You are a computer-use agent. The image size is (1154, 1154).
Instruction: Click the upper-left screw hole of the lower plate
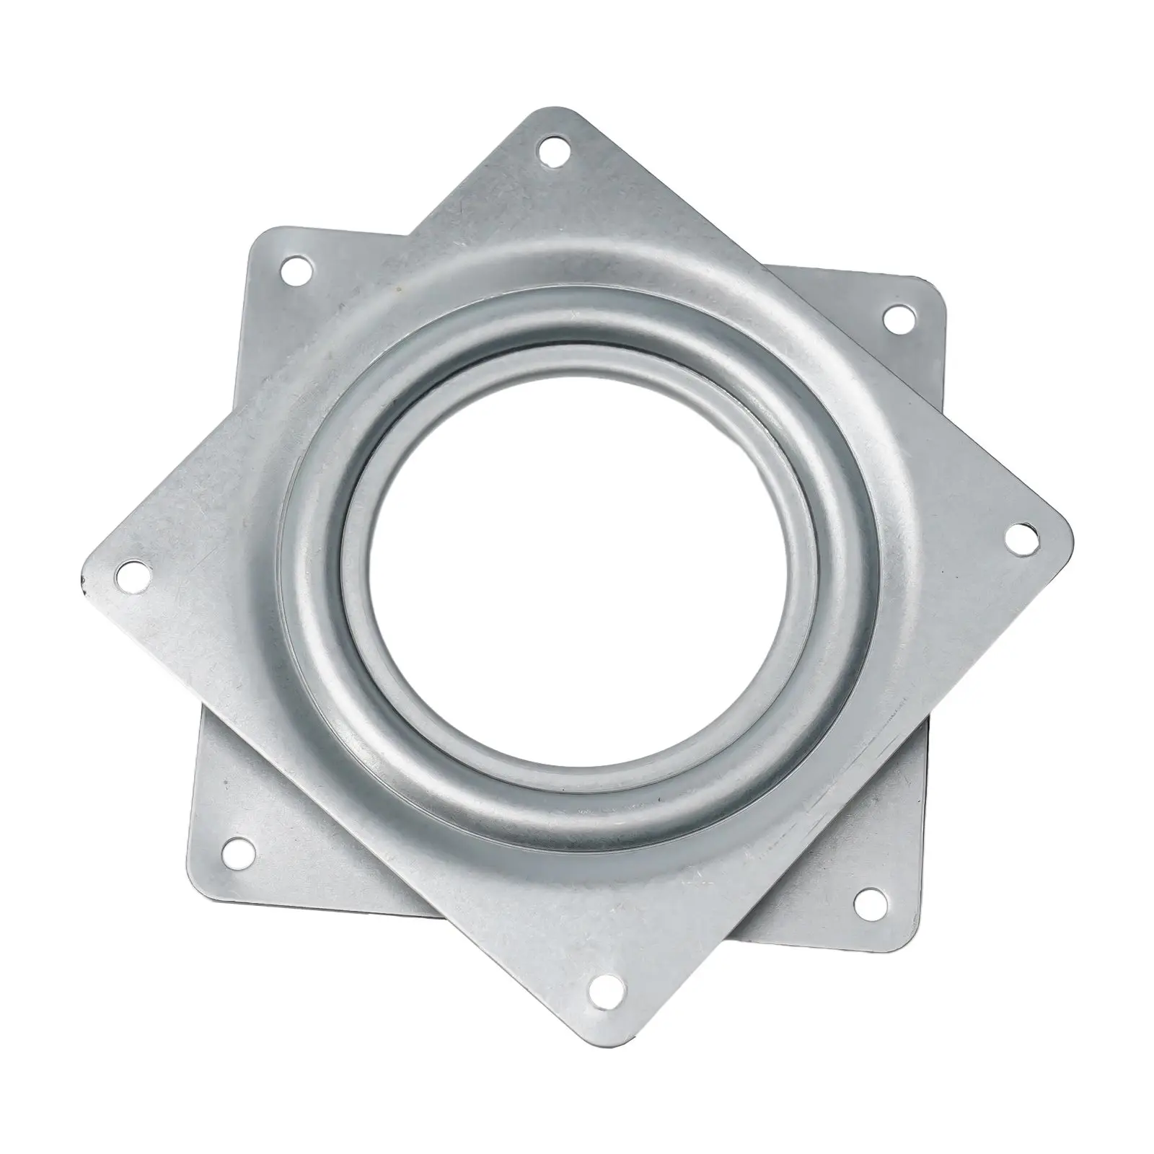click(x=295, y=273)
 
